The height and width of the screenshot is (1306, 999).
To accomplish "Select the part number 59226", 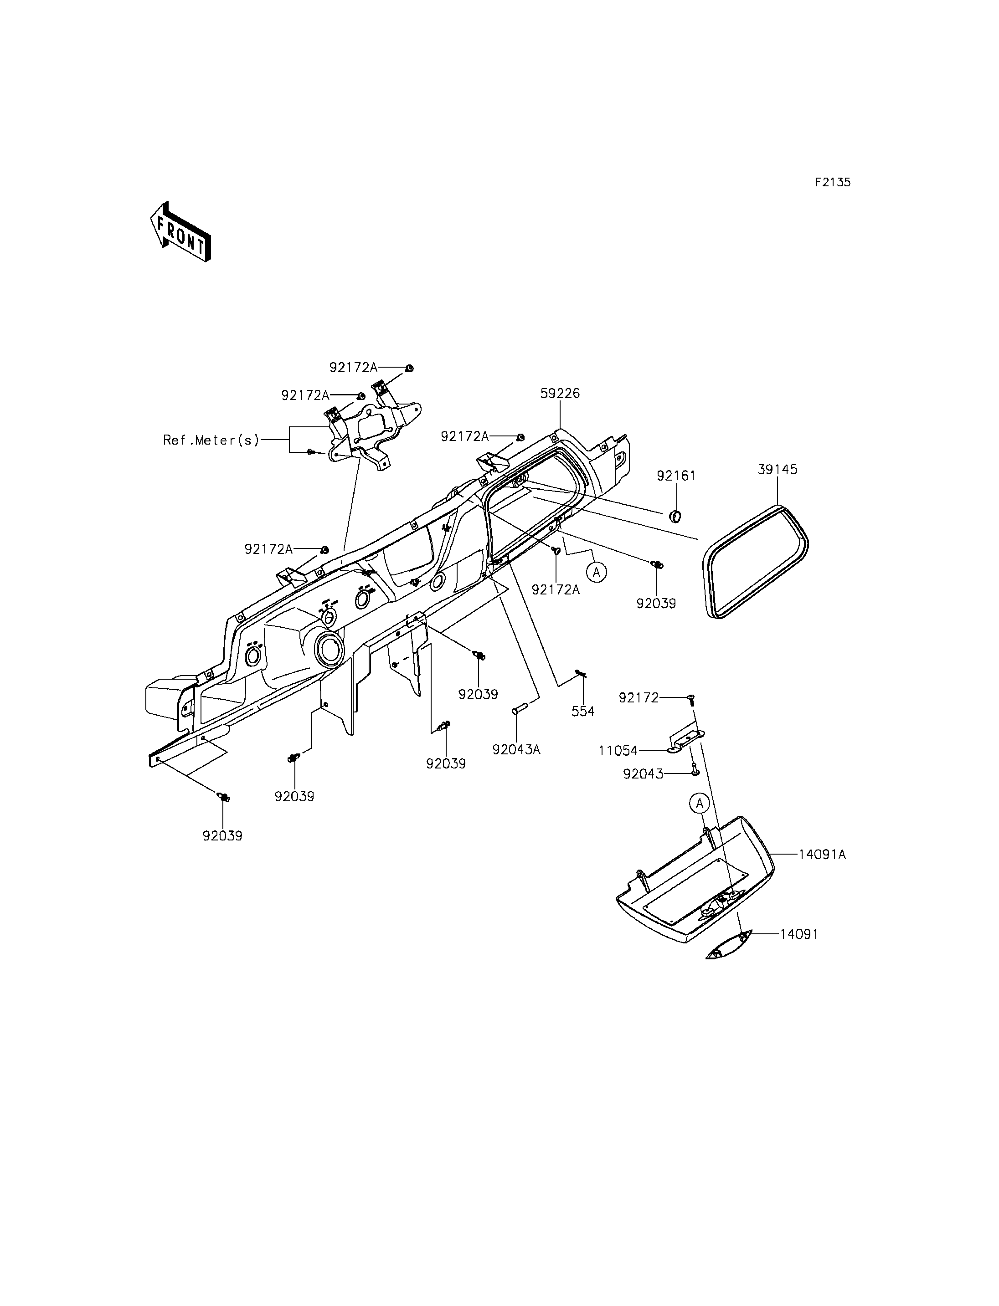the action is click(x=560, y=394).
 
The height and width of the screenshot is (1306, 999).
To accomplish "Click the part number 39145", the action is click(x=777, y=470).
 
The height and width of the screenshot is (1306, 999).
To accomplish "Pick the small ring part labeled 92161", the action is click(x=675, y=517).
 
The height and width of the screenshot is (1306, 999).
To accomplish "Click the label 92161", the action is click(x=676, y=476).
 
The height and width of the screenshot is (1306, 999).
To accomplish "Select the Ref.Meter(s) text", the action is click(x=211, y=440).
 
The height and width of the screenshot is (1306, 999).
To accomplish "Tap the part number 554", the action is click(x=583, y=712).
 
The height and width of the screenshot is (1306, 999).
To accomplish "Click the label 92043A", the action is click(x=516, y=750).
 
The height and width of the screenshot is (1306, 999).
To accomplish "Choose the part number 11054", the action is click(x=618, y=751).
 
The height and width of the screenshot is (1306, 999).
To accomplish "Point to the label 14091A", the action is click(x=822, y=855).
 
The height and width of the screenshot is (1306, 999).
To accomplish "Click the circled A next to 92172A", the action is click(x=597, y=573).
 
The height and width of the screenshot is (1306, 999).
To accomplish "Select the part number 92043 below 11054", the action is click(x=643, y=774).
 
